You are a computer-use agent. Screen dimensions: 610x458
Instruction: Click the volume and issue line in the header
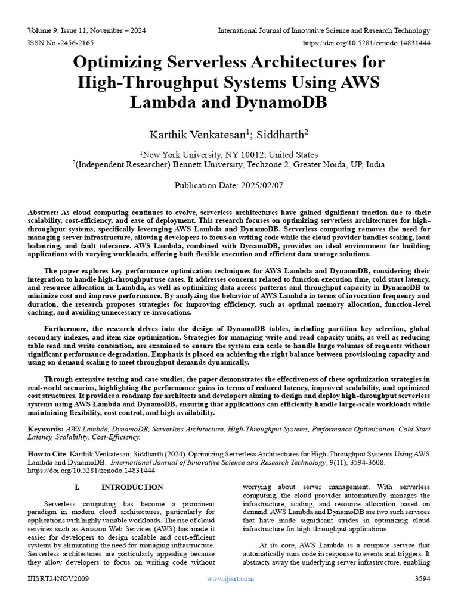coord(87,30)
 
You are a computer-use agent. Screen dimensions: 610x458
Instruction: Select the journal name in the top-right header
coord(324,30)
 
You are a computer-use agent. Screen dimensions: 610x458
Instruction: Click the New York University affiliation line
coord(229,154)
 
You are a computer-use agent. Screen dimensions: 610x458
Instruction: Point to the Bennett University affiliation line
coord(229,164)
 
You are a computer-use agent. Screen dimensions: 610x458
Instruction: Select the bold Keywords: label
coord(46,429)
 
